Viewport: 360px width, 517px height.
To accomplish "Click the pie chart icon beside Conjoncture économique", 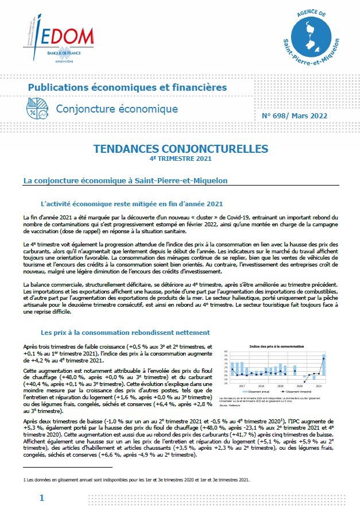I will (38, 108).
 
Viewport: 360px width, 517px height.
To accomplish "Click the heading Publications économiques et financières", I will (127, 87).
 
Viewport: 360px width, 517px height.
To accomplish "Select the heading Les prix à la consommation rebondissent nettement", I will (125, 332).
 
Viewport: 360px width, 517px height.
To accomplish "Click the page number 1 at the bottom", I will (41, 498).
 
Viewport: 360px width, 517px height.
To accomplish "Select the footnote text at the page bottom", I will (138, 479).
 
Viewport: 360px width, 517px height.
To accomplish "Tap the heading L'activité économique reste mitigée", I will (131, 203).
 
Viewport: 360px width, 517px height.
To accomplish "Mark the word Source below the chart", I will (224, 404).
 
